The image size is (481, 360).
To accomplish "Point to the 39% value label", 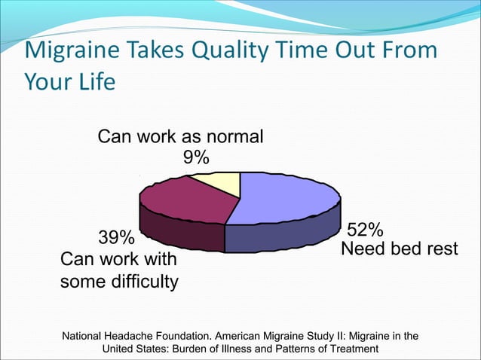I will [x=117, y=239].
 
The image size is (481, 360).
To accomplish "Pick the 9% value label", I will [x=195, y=157].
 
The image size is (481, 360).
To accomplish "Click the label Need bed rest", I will [x=400, y=249].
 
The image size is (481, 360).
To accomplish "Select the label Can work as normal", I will [x=181, y=137].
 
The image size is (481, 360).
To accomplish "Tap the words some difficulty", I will [x=119, y=282].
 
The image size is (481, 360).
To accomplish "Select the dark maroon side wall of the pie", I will [x=181, y=233].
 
